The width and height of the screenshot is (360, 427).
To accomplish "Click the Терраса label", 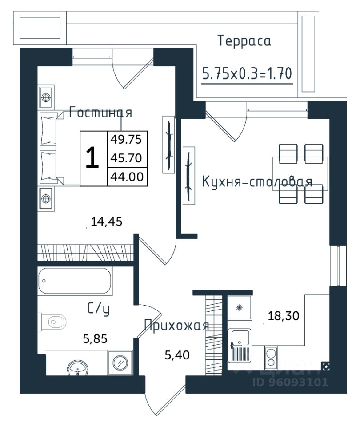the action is [244, 41].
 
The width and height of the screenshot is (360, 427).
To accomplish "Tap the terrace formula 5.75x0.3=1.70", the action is [247, 73].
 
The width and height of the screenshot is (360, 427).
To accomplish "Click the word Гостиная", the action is [100, 112].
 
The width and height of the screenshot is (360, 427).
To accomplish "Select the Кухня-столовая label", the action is [257, 181].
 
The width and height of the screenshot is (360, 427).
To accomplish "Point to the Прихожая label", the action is [176, 326].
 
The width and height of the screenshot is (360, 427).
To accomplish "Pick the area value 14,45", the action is [106, 222].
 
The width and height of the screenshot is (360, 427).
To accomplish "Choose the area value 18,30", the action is [284, 316].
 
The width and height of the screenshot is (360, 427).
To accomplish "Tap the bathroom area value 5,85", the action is [95, 339].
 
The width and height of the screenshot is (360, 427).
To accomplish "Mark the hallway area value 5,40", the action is [177, 355].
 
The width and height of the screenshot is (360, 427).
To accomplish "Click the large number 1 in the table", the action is [92, 157].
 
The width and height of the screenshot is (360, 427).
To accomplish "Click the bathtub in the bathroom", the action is [75, 281].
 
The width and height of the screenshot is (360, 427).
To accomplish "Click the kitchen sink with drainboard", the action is [240, 345].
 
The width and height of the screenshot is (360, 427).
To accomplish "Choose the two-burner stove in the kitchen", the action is [271, 357].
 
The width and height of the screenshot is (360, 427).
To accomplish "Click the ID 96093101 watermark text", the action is [290, 382].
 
